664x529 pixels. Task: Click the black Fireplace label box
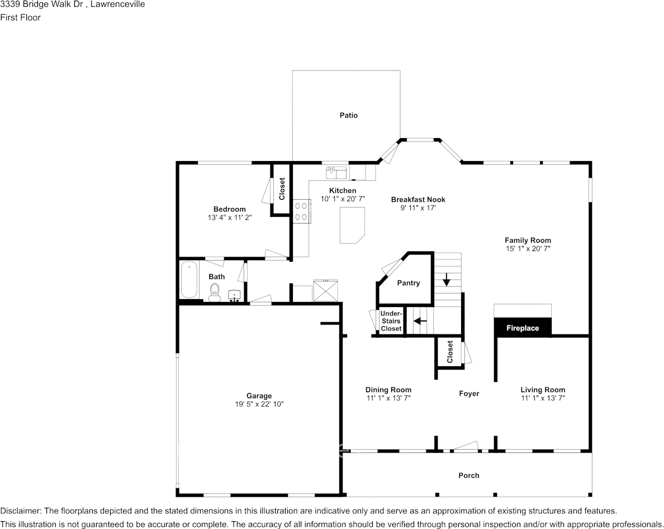click(523, 328)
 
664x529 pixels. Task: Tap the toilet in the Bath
click(215, 292)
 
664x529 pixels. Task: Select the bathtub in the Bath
click(189, 280)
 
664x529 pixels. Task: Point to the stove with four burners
click(301, 211)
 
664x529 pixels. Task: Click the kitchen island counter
click(352, 225)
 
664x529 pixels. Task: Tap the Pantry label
click(409, 283)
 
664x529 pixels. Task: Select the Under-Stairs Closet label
click(391, 322)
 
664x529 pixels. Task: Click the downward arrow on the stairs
click(447, 278)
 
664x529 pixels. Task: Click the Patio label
click(349, 115)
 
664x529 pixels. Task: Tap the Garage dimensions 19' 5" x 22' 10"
click(259, 404)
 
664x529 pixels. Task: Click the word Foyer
click(469, 394)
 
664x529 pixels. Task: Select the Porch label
click(469, 475)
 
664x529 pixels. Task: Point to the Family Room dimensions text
click(528, 248)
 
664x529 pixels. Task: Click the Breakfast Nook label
click(418, 200)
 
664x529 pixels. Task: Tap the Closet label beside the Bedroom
click(282, 188)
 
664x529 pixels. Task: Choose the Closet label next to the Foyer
click(450, 352)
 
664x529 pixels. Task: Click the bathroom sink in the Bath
click(235, 295)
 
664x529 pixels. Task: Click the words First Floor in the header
click(20, 17)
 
